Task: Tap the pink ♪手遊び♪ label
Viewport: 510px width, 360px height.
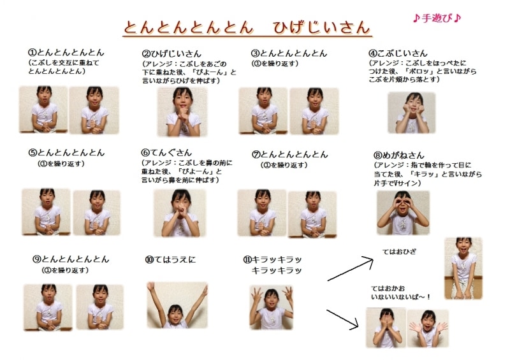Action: pyautogui.click(x=436, y=18)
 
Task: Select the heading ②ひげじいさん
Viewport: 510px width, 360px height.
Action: pyautogui.click(x=171, y=54)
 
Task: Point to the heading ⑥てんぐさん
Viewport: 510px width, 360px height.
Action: pyautogui.click(x=166, y=153)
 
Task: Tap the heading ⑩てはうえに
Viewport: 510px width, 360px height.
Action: pyautogui.click(x=171, y=259)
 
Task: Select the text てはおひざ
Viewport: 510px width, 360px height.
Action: pyautogui.click(x=399, y=252)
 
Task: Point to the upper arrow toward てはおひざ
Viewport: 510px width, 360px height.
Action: pyautogui.click(x=349, y=268)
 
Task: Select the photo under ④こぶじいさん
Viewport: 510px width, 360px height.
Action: pyautogui.click(x=411, y=113)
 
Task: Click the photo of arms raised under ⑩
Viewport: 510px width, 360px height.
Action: pyautogui.click(x=177, y=305)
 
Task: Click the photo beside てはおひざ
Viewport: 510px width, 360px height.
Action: pyautogui.click(x=463, y=268)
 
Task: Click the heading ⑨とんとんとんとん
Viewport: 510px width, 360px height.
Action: pyautogui.click(x=71, y=259)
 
